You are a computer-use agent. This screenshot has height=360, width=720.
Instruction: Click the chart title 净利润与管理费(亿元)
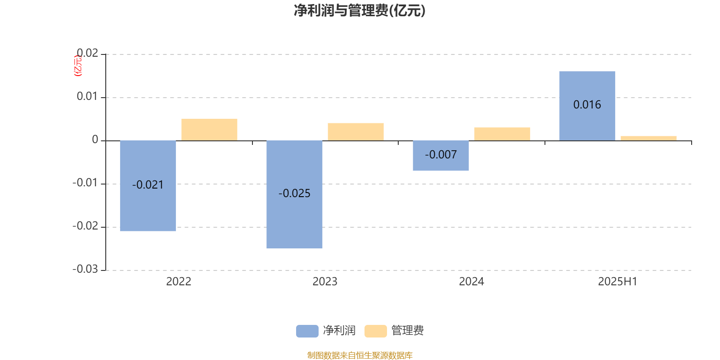point(360,11)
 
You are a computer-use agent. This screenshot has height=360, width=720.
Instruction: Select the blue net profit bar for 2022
point(148,186)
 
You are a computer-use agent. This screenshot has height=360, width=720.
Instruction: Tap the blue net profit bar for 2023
point(294,194)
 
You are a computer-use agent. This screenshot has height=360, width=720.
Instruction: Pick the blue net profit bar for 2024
point(441,156)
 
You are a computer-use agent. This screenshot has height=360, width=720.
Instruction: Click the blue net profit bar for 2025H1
point(587,106)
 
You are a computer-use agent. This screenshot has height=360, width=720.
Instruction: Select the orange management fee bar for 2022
point(209,130)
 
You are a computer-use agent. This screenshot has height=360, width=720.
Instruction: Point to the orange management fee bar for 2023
point(356,132)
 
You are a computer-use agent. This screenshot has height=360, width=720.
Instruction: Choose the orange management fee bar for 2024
point(502,134)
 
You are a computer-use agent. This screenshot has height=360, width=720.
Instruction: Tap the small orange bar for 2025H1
point(648,138)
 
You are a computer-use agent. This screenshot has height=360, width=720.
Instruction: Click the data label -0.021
point(148,185)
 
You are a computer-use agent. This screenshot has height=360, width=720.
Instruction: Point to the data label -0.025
point(294,193)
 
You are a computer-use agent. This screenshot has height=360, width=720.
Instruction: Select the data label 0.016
point(587,105)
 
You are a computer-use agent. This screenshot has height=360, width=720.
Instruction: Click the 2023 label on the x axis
point(325,282)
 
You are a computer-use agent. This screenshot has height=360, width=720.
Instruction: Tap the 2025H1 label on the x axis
point(617,282)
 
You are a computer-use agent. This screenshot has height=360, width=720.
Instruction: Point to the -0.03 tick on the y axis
point(85,269)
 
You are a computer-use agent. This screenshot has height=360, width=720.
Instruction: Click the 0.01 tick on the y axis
point(87,96)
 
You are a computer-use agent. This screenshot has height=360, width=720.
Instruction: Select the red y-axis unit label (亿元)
point(78,66)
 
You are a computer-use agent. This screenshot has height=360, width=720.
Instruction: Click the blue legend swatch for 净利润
point(307,331)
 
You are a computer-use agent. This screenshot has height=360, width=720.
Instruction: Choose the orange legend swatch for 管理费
point(375,331)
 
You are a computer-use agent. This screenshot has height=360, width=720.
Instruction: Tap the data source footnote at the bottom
point(360,355)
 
